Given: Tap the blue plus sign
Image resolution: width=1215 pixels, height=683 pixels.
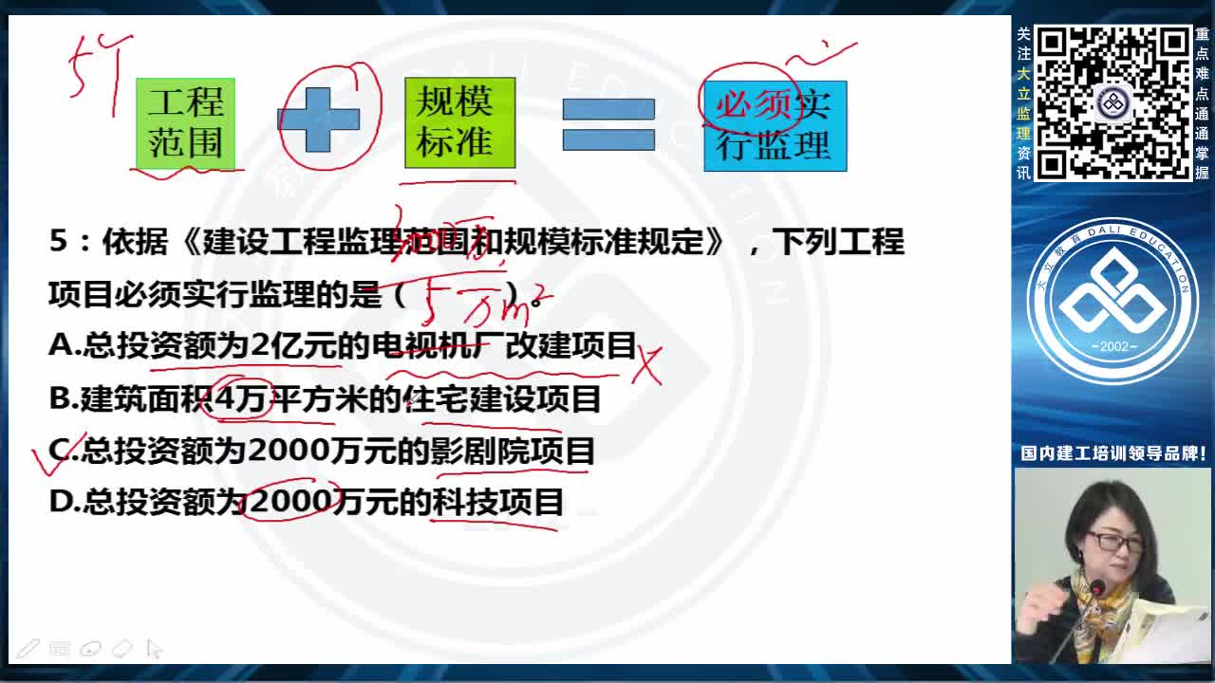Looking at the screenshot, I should (x=319, y=120).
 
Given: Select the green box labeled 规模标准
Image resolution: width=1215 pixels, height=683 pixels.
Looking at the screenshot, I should (x=459, y=122).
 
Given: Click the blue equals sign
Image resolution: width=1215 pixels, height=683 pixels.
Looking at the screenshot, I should (x=608, y=124).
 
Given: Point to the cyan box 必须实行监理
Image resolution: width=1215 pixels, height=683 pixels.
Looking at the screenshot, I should (x=775, y=125).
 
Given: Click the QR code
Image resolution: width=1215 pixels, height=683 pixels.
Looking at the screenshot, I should (x=1112, y=102).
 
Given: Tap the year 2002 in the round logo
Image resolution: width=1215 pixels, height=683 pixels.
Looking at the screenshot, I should (x=1113, y=346).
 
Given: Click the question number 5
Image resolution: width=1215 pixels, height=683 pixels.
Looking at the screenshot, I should (x=59, y=242).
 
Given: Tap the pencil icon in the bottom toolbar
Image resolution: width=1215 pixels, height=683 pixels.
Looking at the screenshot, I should (x=28, y=649).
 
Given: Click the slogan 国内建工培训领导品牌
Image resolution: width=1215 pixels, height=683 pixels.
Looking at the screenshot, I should (x=1112, y=453).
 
